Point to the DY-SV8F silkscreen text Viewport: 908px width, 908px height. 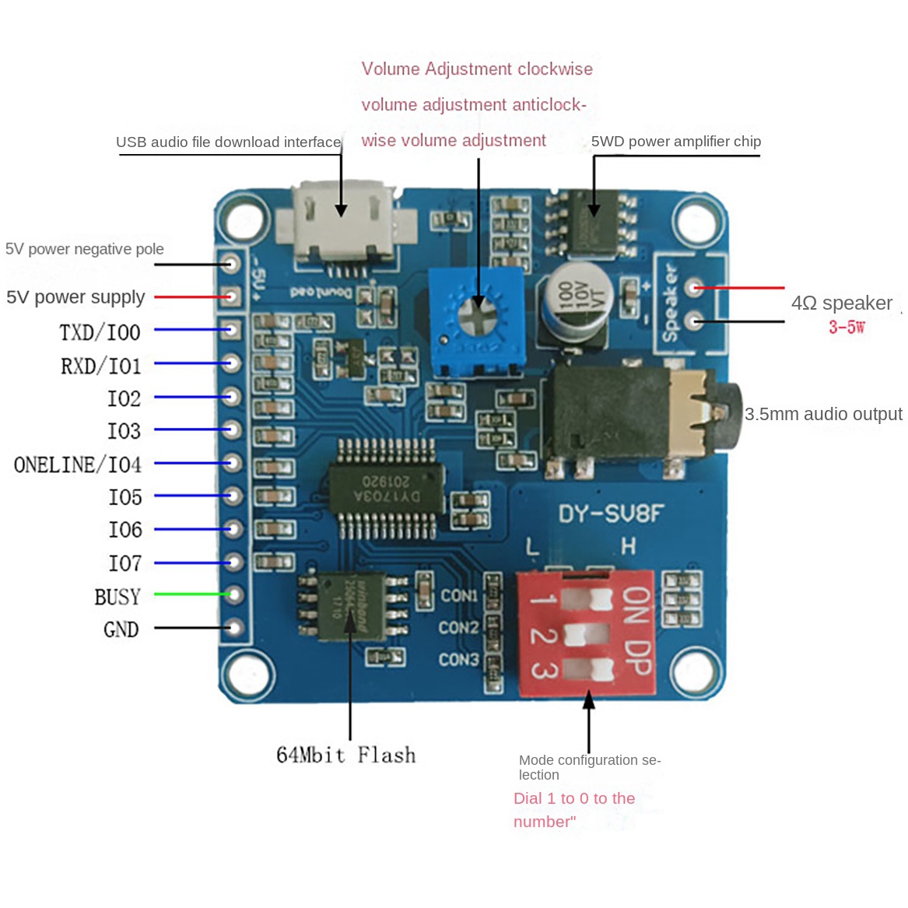point(611,514)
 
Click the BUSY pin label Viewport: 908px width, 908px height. point(117,597)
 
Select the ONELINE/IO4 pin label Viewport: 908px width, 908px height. point(78,465)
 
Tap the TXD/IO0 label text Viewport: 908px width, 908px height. point(100,332)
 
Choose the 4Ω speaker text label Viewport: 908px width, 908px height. point(841,303)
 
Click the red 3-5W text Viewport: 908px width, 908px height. point(847,327)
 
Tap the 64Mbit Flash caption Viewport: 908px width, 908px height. point(345,755)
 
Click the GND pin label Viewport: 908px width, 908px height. point(121,629)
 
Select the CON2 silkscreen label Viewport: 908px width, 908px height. point(458,627)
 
